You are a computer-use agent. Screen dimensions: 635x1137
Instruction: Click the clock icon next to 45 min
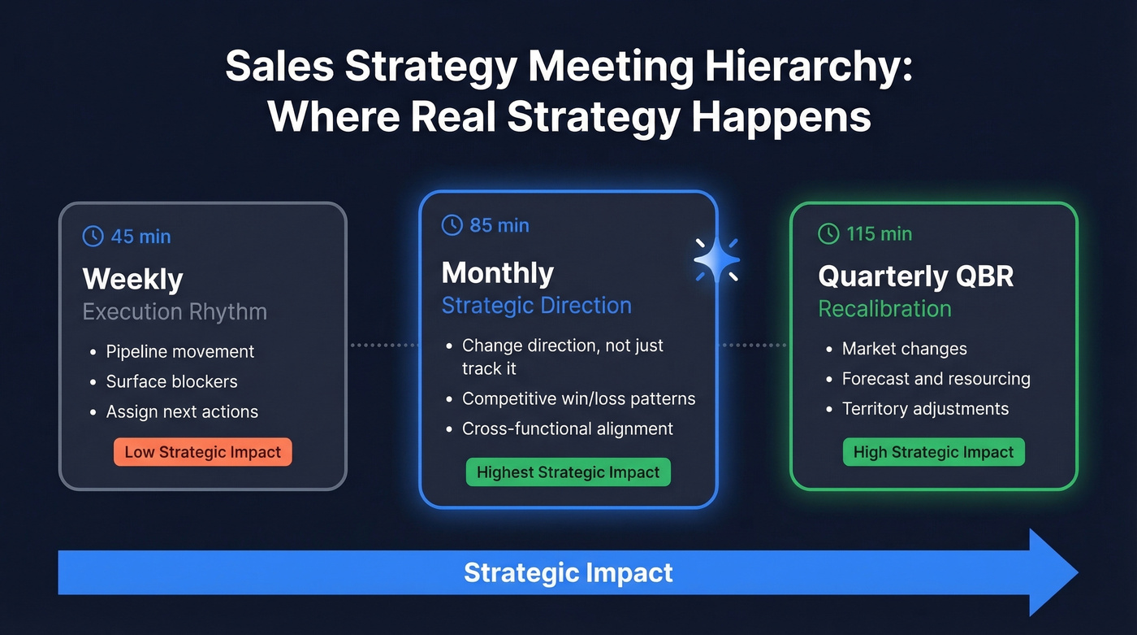(93, 237)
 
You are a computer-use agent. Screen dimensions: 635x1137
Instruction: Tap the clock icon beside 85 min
(452, 225)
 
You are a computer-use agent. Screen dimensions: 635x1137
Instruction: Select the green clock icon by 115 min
(828, 234)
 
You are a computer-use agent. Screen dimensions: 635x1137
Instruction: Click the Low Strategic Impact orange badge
(203, 452)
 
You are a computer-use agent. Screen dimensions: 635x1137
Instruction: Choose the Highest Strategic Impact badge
(568, 472)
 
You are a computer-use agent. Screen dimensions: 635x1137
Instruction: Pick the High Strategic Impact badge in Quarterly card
(933, 452)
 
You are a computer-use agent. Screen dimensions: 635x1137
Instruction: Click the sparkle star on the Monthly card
(717, 260)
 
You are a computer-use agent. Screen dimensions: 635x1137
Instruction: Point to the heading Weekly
(133, 279)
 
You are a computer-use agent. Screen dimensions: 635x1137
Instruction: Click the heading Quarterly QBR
(916, 276)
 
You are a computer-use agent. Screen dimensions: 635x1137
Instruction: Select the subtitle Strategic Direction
(536, 306)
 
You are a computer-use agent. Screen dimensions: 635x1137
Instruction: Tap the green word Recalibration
(884, 309)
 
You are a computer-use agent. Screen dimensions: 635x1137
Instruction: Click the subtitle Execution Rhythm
(175, 312)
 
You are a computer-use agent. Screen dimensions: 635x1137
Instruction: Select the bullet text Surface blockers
(171, 381)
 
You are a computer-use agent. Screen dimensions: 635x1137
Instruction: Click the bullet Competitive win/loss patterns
(578, 398)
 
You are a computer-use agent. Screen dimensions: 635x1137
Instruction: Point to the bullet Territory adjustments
(925, 409)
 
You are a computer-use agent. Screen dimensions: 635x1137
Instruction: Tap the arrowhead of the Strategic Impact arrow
(1053, 572)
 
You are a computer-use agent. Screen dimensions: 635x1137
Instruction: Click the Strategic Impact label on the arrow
(568, 572)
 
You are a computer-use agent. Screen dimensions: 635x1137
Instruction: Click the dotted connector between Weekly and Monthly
(383, 346)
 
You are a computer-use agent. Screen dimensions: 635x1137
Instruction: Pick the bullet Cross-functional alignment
(567, 428)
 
